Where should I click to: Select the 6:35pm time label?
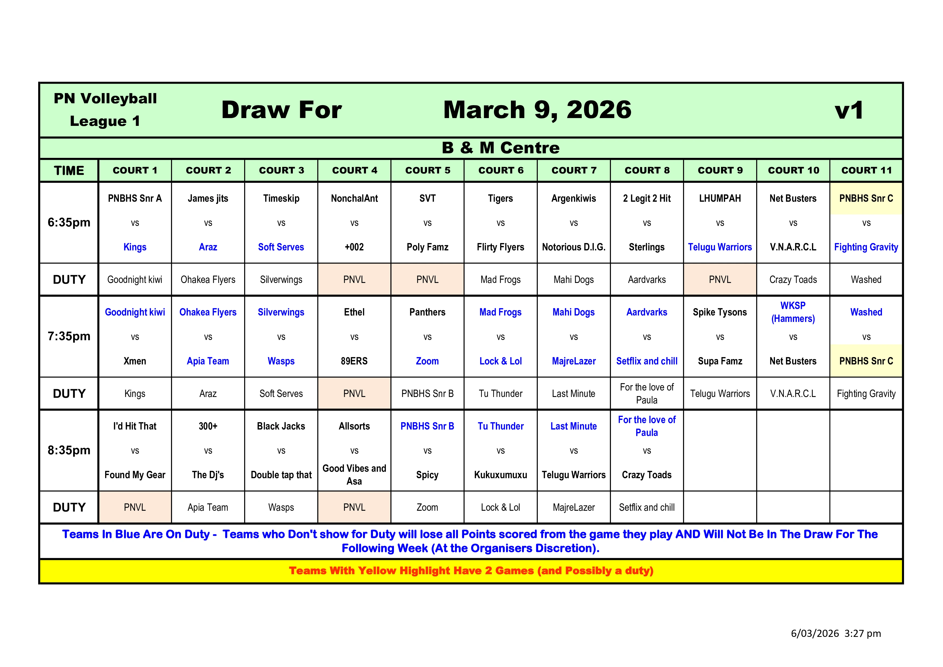69,223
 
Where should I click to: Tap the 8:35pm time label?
69,450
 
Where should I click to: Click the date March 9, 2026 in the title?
537,110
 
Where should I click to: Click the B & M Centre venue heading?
500,148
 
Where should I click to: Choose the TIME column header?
69,171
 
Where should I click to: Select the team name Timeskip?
281,198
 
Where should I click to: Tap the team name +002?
354,247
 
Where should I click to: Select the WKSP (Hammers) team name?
793,312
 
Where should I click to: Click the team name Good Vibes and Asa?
354,475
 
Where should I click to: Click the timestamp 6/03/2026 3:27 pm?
835,633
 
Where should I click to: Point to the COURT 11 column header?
866,171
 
